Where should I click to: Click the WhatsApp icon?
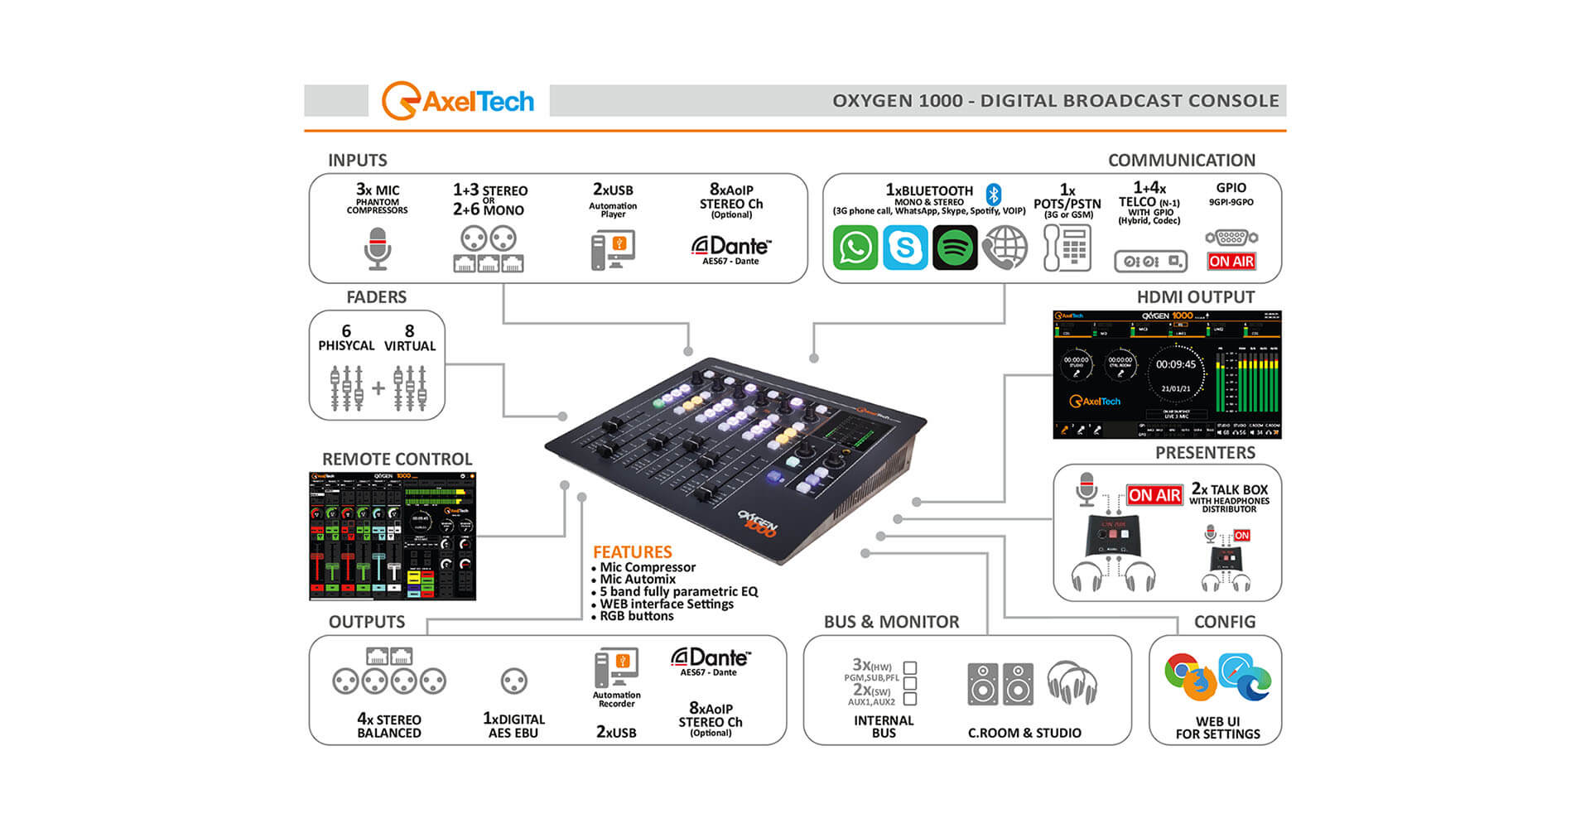[x=855, y=248]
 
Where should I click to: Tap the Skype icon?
[x=905, y=248]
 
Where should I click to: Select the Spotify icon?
[x=955, y=248]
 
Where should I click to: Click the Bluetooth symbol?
[x=994, y=195]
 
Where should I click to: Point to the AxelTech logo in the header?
[x=458, y=101]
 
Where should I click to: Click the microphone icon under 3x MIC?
[x=378, y=248]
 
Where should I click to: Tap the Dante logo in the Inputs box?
[x=730, y=247]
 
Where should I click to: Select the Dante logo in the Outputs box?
[x=710, y=659]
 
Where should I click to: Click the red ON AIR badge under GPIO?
[x=1231, y=262]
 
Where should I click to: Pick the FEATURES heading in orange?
[x=632, y=552]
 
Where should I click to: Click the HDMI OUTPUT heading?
[x=1195, y=297]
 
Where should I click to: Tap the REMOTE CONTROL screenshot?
[x=393, y=536]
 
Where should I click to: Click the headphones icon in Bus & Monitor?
[x=1072, y=684]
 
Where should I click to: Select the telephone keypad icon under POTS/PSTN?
[x=1067, y=248]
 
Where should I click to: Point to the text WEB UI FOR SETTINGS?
[x=1217, y=728]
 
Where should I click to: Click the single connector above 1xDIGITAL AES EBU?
[x=514, y=681]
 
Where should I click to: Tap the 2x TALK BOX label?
[x=1229, y=489]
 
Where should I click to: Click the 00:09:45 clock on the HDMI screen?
[x=1176, y=364]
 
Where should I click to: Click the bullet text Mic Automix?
[x=638, y=580]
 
